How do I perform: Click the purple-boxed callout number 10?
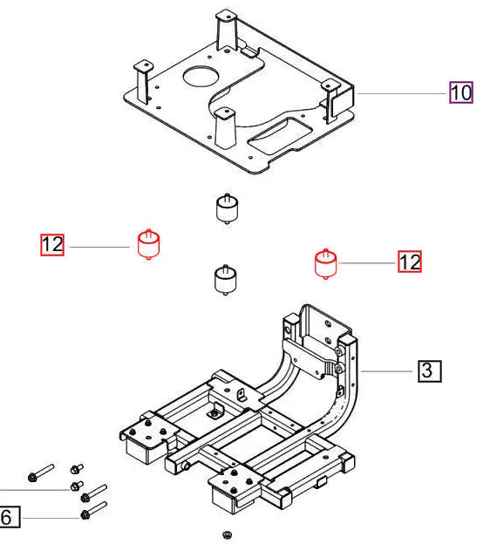point(460,92)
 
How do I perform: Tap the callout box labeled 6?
point(8,518)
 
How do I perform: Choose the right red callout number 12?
point(410,261)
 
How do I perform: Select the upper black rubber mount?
point(227,210)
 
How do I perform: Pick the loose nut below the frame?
point(228,533)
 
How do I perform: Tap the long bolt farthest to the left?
point(40,474)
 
